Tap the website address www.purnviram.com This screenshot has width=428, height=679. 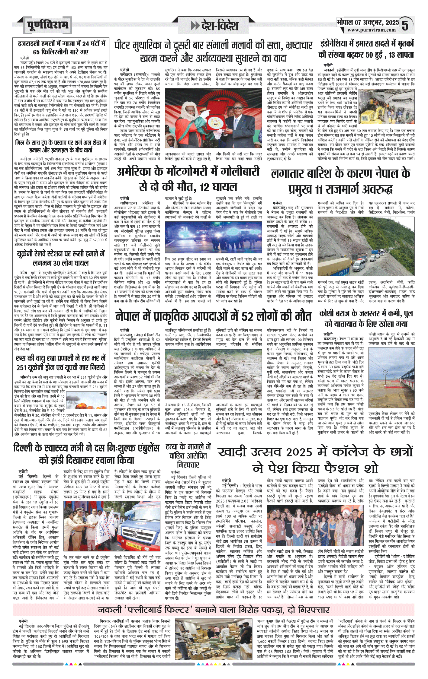pos(371,30)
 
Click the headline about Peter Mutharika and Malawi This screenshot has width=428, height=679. pos(213,52)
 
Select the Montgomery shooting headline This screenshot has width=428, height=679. pos(188,179)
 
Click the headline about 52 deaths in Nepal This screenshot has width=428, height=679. pos(213,316)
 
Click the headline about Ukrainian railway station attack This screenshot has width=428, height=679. pos(61,258)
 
